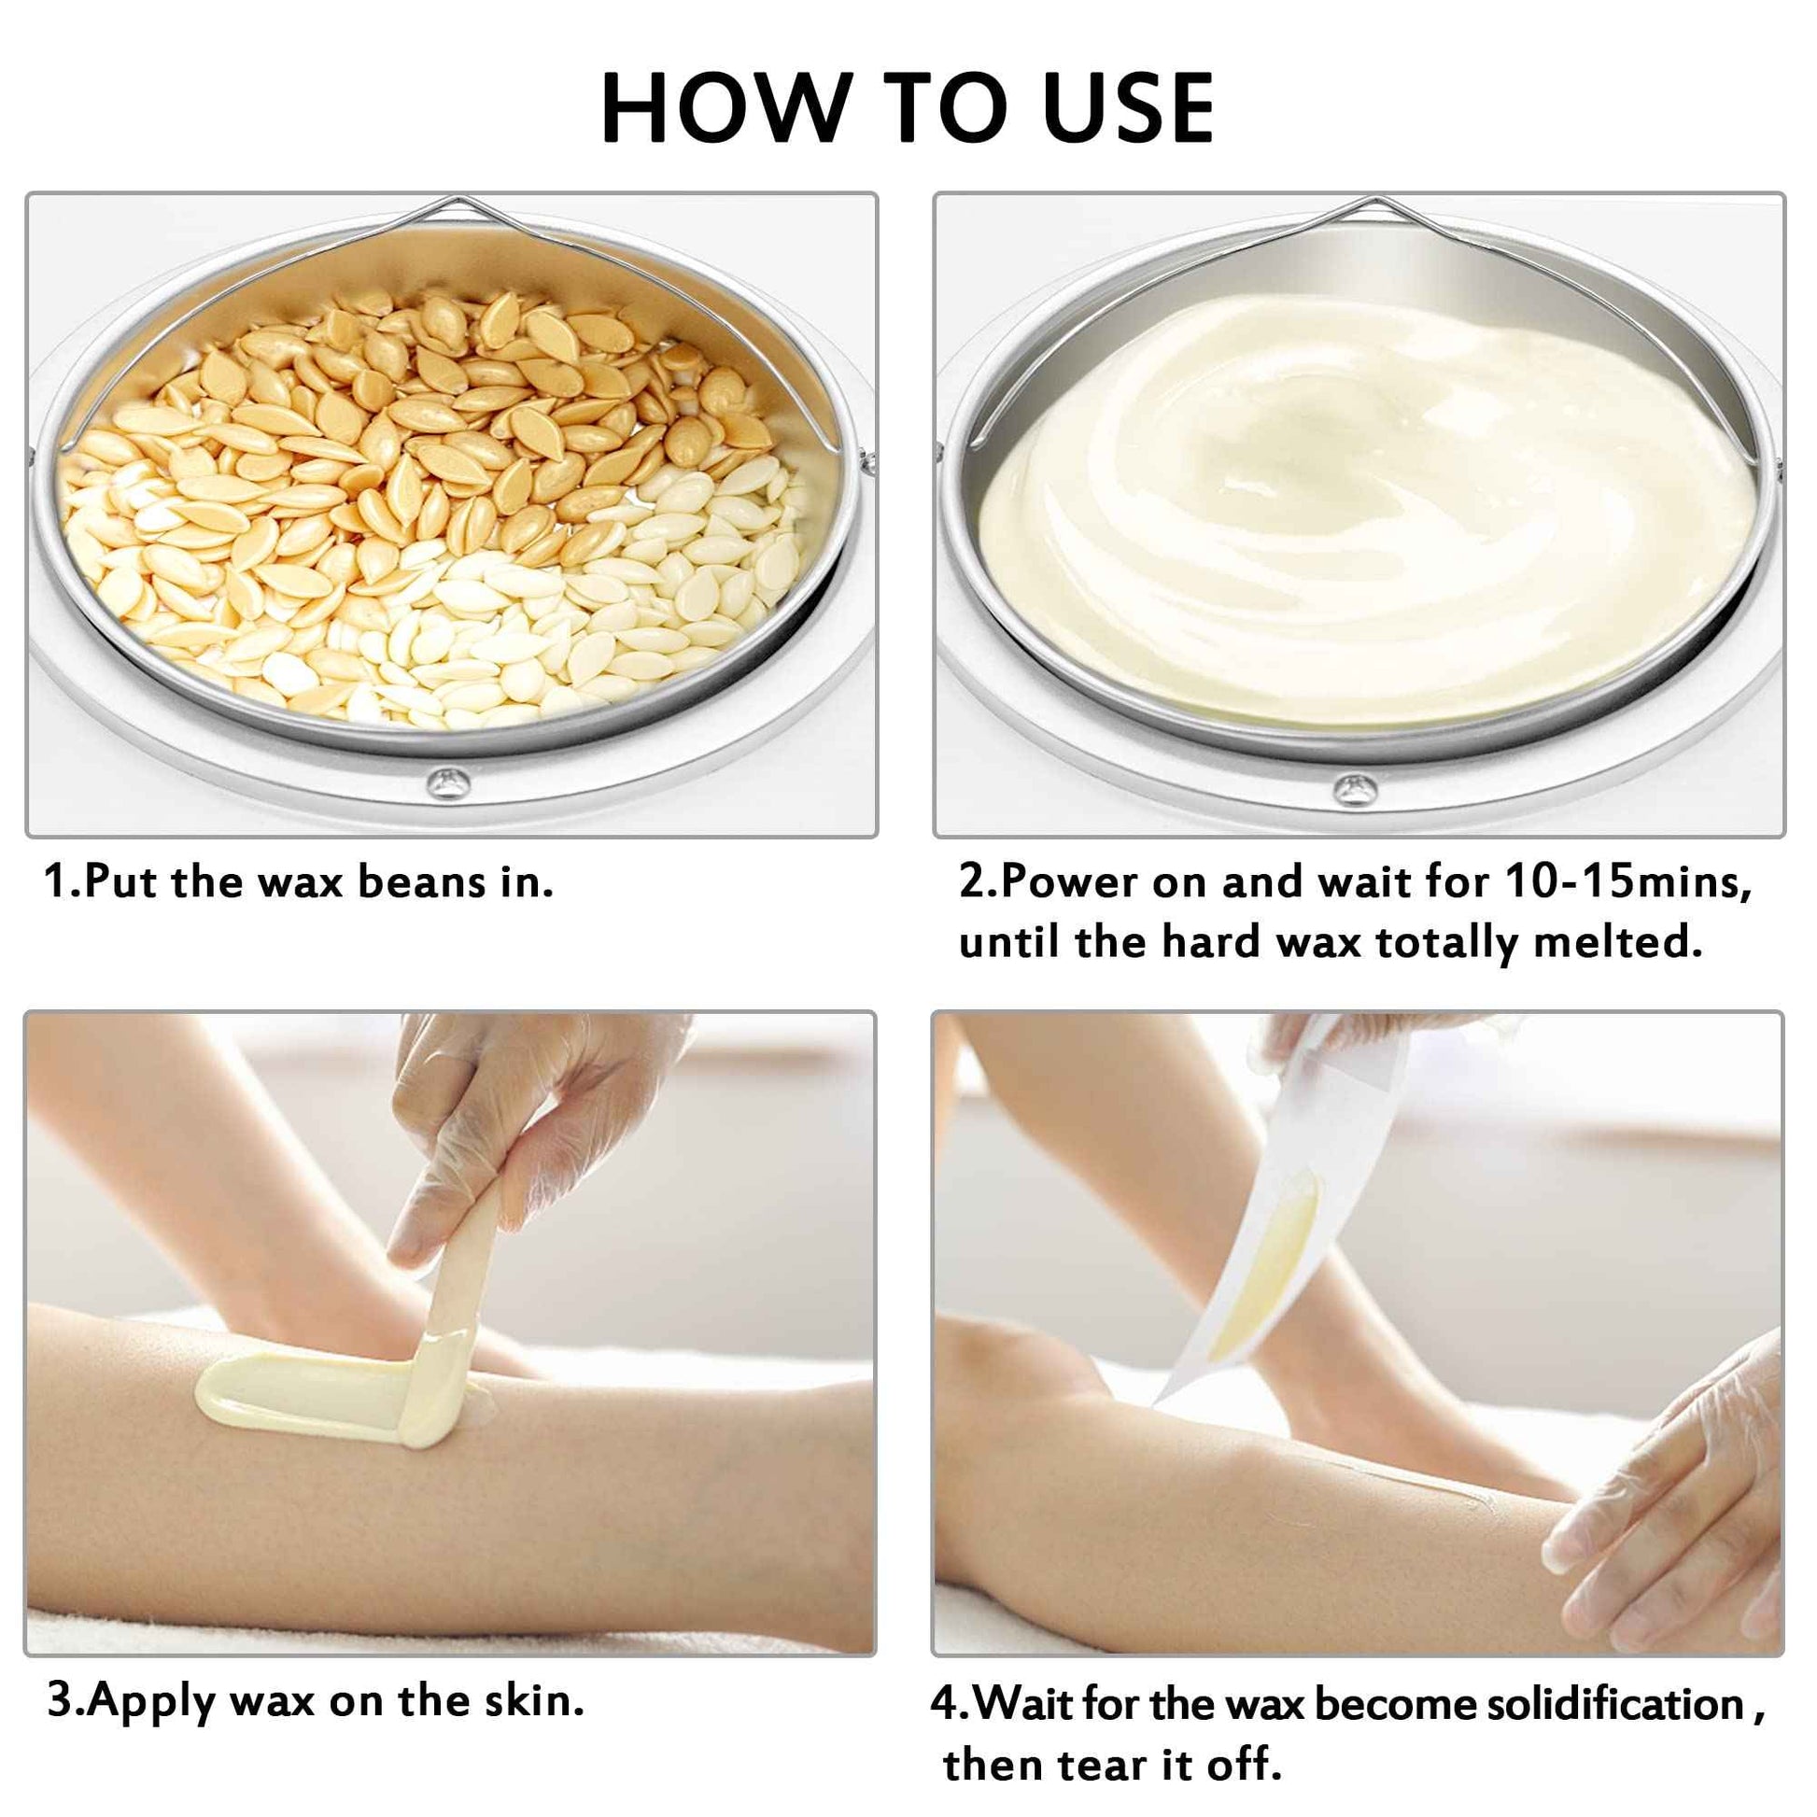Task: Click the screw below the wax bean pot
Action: pos(446,780)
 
